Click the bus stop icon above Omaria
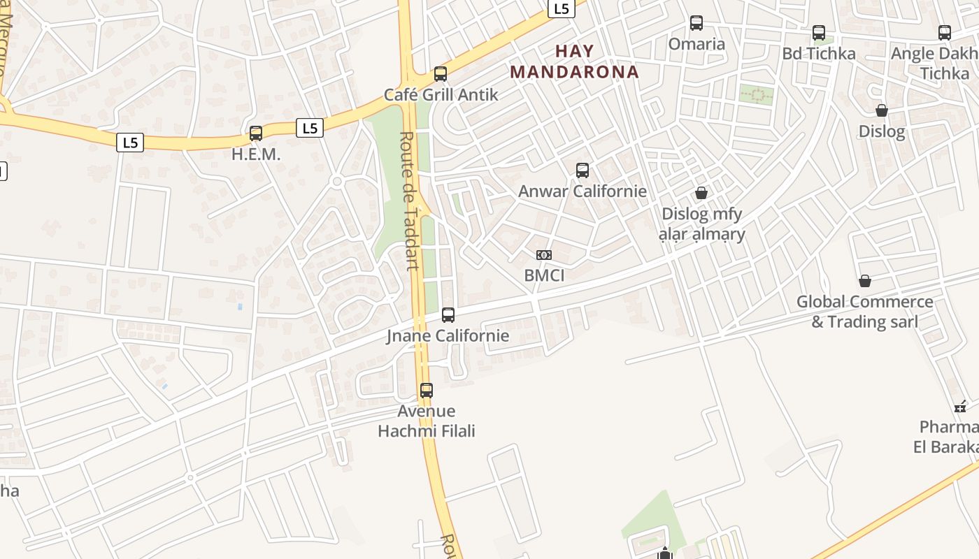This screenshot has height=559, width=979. coord(696,23)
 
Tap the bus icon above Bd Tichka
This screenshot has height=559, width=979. coord(818,33)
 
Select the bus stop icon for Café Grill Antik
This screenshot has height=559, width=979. coord(441,73)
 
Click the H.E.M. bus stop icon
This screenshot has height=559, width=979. coord(256,133)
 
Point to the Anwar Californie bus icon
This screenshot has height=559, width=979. coord(582,170)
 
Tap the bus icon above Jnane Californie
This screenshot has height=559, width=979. coord(448,315)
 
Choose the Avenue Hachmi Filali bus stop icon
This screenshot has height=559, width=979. coord(427,391)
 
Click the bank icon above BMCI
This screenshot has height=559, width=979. coord(544,255)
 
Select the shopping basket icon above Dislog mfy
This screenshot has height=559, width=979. coord(701,193)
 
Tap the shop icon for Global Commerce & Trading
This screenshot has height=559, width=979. coord(865,281)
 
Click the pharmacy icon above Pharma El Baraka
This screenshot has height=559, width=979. coord(960,406)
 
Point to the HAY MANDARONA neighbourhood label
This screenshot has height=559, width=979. coord(574,61)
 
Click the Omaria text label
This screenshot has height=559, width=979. coord(696,44)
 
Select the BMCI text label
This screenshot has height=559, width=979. coord(544,275)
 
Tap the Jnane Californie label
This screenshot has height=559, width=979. coord(448,336)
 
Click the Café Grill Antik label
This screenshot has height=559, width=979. coord(441,94)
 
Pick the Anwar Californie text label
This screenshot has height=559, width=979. coord(582,191)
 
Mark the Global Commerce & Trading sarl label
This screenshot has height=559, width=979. coord(865,312)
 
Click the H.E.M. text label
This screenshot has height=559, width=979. coord(256,154)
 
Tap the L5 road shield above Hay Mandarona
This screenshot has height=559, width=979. coord(561,8)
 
